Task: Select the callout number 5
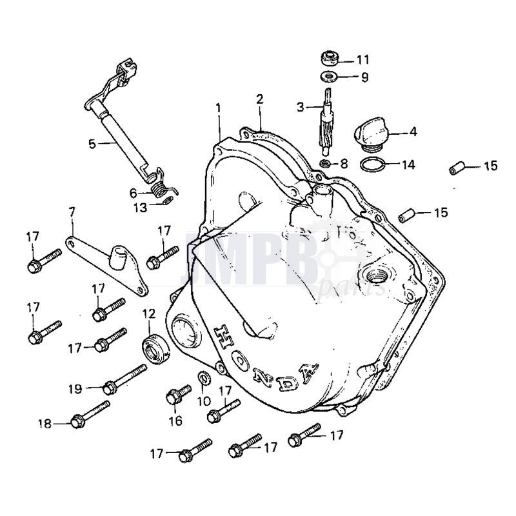tap(93, 143)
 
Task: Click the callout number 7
tap(72, 211)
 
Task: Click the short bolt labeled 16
tap(178, 395)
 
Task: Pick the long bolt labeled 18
tap(91, 415)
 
